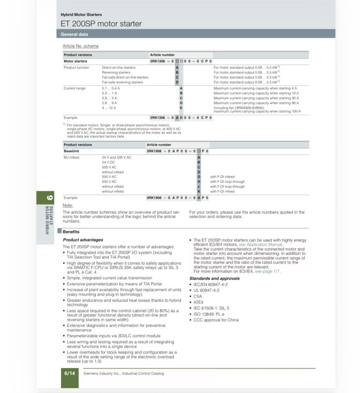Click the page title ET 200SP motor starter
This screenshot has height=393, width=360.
pyautogui.click(x=101, y=24)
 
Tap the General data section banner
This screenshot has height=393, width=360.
pyautogui.click(x=74, y=34)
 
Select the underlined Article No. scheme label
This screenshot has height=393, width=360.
pyautogui.click(x=80, y=46)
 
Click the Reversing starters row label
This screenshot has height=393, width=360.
pyautogui.click(x=116, y=72)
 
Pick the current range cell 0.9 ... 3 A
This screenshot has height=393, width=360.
pyautogui.click(x=110, y=98)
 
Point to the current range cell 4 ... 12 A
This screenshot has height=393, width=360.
pyautogui.click(x=109, y=108)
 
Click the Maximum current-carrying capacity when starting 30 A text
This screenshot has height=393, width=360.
pyautogui.click(x=256, y=98)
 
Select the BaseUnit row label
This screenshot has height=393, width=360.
pyautogui.click(x=71, y=151)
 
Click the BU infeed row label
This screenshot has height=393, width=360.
pyautogui.click(x=71, y=158)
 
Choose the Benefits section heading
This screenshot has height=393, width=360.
pyautogui.click(x=71, y=232)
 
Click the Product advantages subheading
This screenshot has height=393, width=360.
pyautogui.click(x=83, y=240)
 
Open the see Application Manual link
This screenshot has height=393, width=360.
pyautogui.click(x=261, y=245)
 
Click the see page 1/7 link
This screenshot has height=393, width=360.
pyautogui.click(x=268, y=271)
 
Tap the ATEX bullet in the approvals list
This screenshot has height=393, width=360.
pyautogui.click(x=198, y=302)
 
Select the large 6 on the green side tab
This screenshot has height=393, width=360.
pyautogui.click(x=50, y=198)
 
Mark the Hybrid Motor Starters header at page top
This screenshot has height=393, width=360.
pyautogui.click(x=81, y=15)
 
